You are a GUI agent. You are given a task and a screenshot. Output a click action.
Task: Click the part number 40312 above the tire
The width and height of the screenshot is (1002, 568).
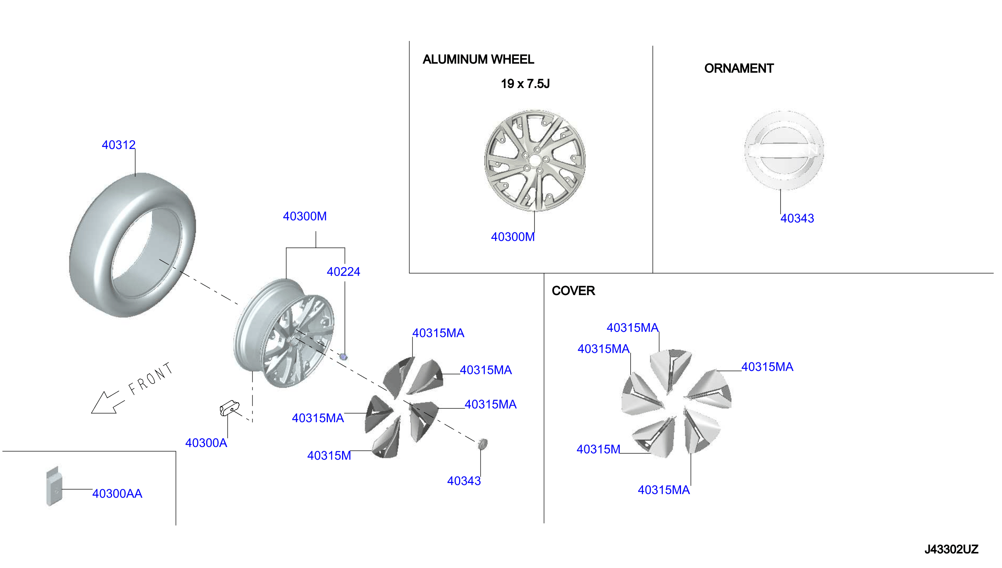pos(119,145)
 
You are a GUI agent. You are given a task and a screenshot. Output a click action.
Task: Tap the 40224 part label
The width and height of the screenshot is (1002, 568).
pos(343,271)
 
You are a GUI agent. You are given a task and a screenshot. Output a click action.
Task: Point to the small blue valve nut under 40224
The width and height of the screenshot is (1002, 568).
pos(344,357)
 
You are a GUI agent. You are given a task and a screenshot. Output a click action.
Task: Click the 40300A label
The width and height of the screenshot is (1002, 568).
pos(206,443)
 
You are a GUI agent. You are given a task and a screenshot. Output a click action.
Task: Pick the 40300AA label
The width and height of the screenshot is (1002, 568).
pos(117,493)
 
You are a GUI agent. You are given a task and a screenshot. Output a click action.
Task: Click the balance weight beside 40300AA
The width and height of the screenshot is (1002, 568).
pos(54,486)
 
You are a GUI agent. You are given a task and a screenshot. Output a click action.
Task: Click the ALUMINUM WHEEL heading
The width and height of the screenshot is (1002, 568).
pos(478,59)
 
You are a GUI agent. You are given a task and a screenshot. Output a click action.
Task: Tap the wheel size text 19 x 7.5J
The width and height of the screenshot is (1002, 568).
pos(525,83)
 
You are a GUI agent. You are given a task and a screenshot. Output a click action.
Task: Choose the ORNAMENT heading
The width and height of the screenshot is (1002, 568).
pos(738,68)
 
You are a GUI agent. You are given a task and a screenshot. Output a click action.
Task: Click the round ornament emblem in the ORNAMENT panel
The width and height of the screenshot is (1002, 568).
pos(784,150)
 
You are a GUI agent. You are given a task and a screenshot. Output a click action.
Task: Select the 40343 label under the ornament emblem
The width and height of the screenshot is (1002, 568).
pos(797,218)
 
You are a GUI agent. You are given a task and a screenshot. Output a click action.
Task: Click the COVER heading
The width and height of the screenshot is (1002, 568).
pos(573,291)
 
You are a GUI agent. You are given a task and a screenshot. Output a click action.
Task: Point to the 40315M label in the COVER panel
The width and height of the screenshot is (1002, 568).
pos(598,449)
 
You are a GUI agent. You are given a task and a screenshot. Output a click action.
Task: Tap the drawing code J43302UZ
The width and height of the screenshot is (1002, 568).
pos(951,549)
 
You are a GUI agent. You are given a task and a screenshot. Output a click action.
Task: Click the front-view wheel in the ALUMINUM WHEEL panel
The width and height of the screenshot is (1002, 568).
pos(535,160)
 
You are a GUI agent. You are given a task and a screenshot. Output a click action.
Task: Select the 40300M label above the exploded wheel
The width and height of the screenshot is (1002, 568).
pos(305,216)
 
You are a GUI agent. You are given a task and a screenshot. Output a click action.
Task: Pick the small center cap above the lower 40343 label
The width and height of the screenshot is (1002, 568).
pos(482,444)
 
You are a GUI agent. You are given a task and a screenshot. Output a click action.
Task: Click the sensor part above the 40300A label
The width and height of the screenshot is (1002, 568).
pos(229,408)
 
